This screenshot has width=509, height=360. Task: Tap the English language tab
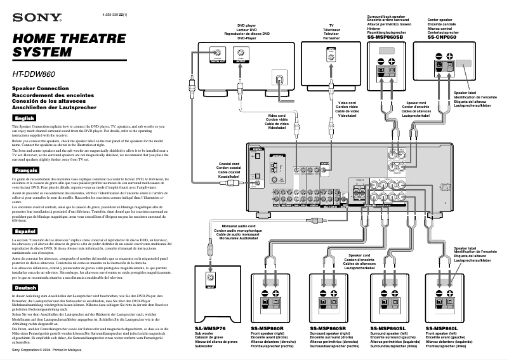[25, 119]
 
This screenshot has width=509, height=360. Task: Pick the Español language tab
[26, 231]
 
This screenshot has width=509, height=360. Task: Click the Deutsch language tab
[26, 288]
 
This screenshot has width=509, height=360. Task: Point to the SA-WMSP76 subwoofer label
[212, 328]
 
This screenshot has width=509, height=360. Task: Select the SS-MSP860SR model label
[328, 328]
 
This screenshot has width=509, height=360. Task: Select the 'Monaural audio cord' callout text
[234, 226]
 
